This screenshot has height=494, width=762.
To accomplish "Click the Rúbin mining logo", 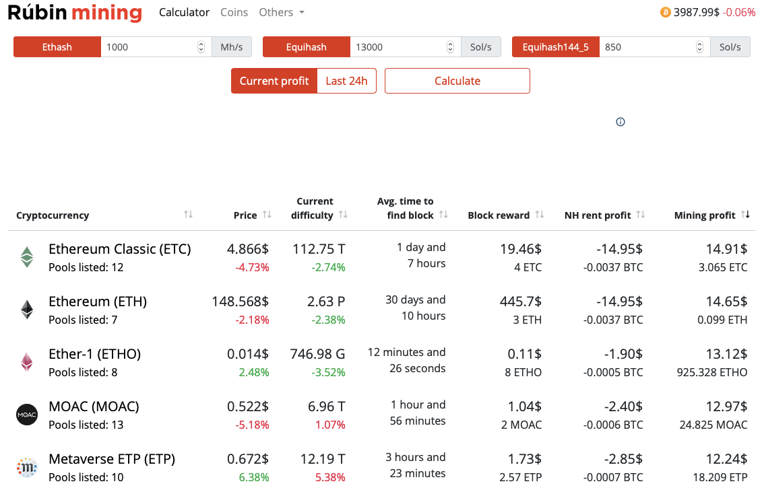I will [75, 13].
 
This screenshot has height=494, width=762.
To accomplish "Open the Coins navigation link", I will [234, 12].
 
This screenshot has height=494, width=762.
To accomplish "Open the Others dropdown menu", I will [281, 12].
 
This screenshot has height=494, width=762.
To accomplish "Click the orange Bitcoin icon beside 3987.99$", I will [666, 12].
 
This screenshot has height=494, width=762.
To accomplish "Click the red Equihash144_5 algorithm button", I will [555, 47].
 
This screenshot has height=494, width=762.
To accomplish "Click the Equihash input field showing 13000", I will [398, 47].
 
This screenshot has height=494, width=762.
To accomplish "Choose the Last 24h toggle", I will [346, 81].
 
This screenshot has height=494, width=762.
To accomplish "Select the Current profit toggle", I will [274, 81].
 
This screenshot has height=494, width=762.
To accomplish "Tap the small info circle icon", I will [621, 122].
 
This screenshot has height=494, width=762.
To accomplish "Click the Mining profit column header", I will [704, 215].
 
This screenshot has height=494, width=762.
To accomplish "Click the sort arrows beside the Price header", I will [267, 215].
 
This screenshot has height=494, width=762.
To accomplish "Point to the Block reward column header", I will [499, 215].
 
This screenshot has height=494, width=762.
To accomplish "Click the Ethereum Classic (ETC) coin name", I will [120, 249].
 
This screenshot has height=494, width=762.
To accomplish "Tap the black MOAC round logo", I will [27, 415].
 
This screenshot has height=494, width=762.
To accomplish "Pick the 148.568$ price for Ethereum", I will [241, 302].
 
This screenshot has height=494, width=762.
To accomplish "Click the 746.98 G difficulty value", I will [317, 354].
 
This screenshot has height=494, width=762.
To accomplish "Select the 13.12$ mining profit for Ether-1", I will [726, 354].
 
